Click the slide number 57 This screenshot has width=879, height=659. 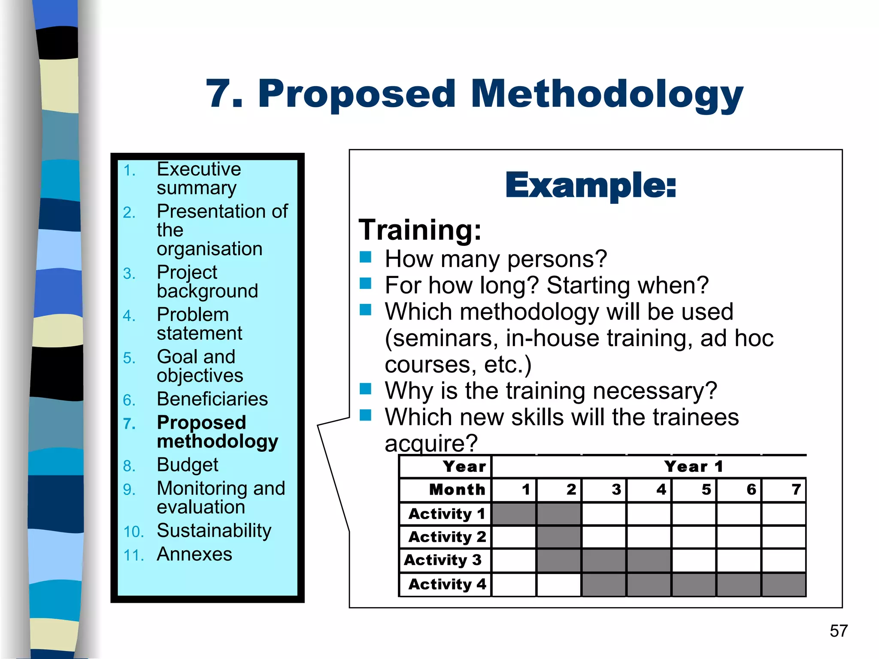click(x=839, y=631)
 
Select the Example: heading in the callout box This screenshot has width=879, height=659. click(x=591, y=186)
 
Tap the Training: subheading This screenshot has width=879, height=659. click(x=420, y=230)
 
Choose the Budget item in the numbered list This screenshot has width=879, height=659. click(x=188, y=465)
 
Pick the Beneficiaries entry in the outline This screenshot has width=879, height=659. click(x=212, y=399)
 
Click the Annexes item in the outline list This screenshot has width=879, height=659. click(x=194, y=554)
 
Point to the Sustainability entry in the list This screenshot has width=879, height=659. click(x=214, y=531)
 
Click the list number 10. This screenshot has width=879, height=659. click(x=133, y=532)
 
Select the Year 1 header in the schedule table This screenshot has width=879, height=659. click(x=693, y=466)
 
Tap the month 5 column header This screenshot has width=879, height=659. click(x=706, y=490)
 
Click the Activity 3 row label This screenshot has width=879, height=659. click(x=443, y=560)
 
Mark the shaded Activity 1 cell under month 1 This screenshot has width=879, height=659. click(x=514, y=514)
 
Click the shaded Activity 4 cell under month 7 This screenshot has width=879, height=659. click(x=784, y=584)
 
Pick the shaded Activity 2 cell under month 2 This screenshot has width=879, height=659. click(x=559, y=537)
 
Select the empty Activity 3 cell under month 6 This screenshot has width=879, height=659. click(x=739, y=560)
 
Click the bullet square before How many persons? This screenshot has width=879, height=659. click(x=365, y=257)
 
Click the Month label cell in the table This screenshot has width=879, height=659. click(x=457, y=490)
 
